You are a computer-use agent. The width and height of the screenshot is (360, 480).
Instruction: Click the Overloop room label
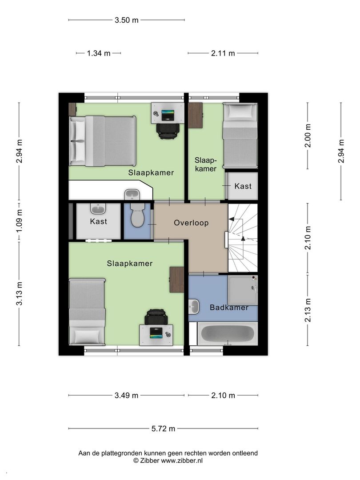(191, 223)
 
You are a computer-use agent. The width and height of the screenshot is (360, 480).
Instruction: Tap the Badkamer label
(229, 308)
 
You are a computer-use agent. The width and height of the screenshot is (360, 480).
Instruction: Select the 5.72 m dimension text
(163, 428)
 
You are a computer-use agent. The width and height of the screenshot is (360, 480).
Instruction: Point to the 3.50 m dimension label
(126, 20)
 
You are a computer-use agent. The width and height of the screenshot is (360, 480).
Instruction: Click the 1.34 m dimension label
(99, 53)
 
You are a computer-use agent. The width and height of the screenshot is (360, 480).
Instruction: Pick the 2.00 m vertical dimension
(308, 136)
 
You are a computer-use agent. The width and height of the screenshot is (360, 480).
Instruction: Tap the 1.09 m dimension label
(19, 220)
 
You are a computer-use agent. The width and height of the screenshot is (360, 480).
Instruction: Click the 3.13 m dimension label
(19, 294)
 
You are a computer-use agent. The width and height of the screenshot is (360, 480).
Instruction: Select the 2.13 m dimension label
(308, 310)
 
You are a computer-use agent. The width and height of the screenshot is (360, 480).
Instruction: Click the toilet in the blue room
(137, 215)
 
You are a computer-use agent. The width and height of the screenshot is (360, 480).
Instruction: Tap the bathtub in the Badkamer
(228, 334)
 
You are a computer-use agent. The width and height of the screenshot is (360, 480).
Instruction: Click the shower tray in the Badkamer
(243, 290)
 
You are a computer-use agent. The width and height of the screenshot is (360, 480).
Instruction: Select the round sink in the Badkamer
(194, 306)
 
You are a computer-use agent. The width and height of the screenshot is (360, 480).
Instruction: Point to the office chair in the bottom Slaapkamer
(156, 317)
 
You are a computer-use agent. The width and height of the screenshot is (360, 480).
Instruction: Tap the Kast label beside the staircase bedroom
(243, 186)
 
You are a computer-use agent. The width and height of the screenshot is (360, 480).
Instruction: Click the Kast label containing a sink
(98, 221)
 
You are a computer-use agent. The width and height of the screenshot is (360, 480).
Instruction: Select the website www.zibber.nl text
(182, 460)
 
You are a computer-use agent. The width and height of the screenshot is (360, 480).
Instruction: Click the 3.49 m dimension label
(126, 396)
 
